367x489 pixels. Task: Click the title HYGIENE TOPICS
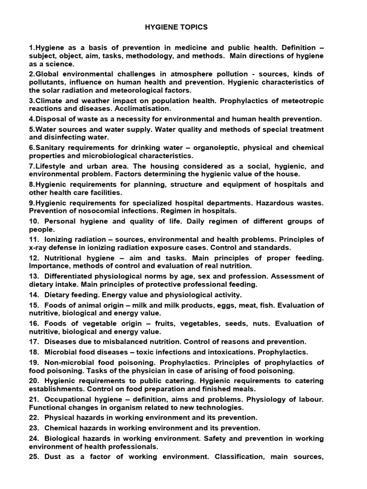click(x=176, y=27)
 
